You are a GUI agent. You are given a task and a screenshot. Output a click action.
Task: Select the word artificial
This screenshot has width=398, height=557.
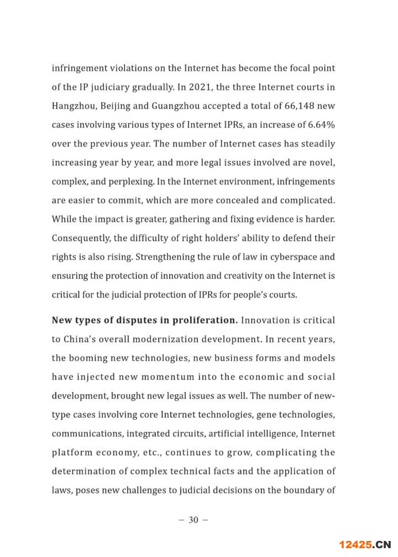246,433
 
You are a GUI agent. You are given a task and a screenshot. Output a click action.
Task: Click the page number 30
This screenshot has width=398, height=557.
193,520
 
